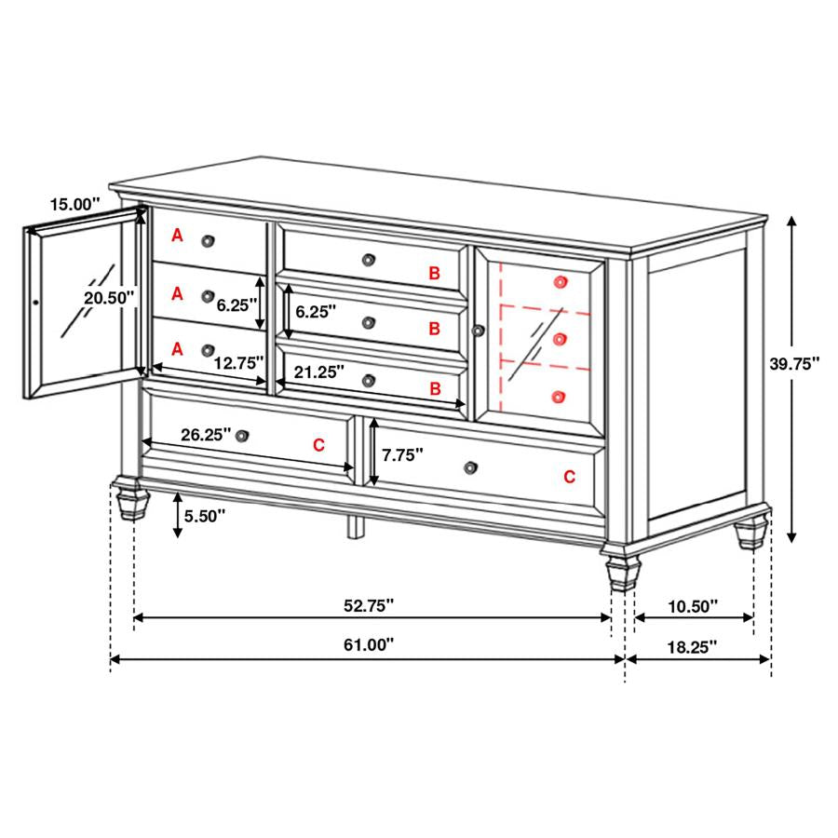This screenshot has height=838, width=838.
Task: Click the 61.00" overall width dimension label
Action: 369,643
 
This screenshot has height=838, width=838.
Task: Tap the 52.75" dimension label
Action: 369,605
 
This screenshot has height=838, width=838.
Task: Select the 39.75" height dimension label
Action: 793,364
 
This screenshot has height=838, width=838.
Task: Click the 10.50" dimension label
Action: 692,606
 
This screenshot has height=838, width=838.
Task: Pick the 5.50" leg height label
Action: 205,516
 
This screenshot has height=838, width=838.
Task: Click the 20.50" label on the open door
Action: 110,297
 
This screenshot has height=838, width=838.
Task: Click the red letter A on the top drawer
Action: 177,237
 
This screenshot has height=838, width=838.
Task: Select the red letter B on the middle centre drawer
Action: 434,329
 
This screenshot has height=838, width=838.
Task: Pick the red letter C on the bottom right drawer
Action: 569,477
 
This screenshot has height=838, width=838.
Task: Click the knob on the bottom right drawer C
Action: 470,466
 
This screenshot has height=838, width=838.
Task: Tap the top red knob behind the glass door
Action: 560,281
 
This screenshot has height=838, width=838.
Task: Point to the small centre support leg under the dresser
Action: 354,527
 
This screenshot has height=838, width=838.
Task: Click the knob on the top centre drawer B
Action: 370,258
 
